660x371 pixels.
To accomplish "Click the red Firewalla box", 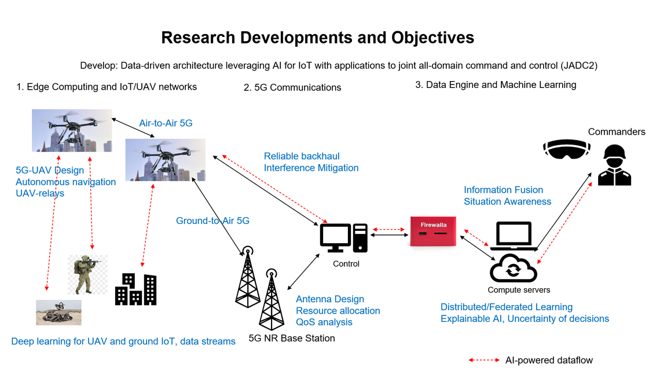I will [433, 231].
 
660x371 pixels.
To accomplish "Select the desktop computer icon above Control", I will [344, 237].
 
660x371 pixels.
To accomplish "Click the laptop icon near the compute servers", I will [513, 236].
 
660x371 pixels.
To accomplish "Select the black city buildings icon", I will [135, 289].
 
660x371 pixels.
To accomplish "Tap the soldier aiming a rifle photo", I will [87, 274].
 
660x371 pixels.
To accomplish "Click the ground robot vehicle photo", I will [58, 313].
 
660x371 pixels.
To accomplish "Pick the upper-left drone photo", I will [72, 130].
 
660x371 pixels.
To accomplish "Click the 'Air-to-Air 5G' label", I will [166, 123].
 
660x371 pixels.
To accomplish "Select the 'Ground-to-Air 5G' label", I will [212, 221].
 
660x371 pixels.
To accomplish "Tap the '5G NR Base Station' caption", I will [291, 338].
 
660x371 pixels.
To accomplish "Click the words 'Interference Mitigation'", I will [311, 168].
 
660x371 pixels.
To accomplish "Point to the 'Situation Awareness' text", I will [507, 201].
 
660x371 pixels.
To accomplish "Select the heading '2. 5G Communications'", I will [292, 87].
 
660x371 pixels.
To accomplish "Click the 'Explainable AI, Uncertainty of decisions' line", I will [525, 318].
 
